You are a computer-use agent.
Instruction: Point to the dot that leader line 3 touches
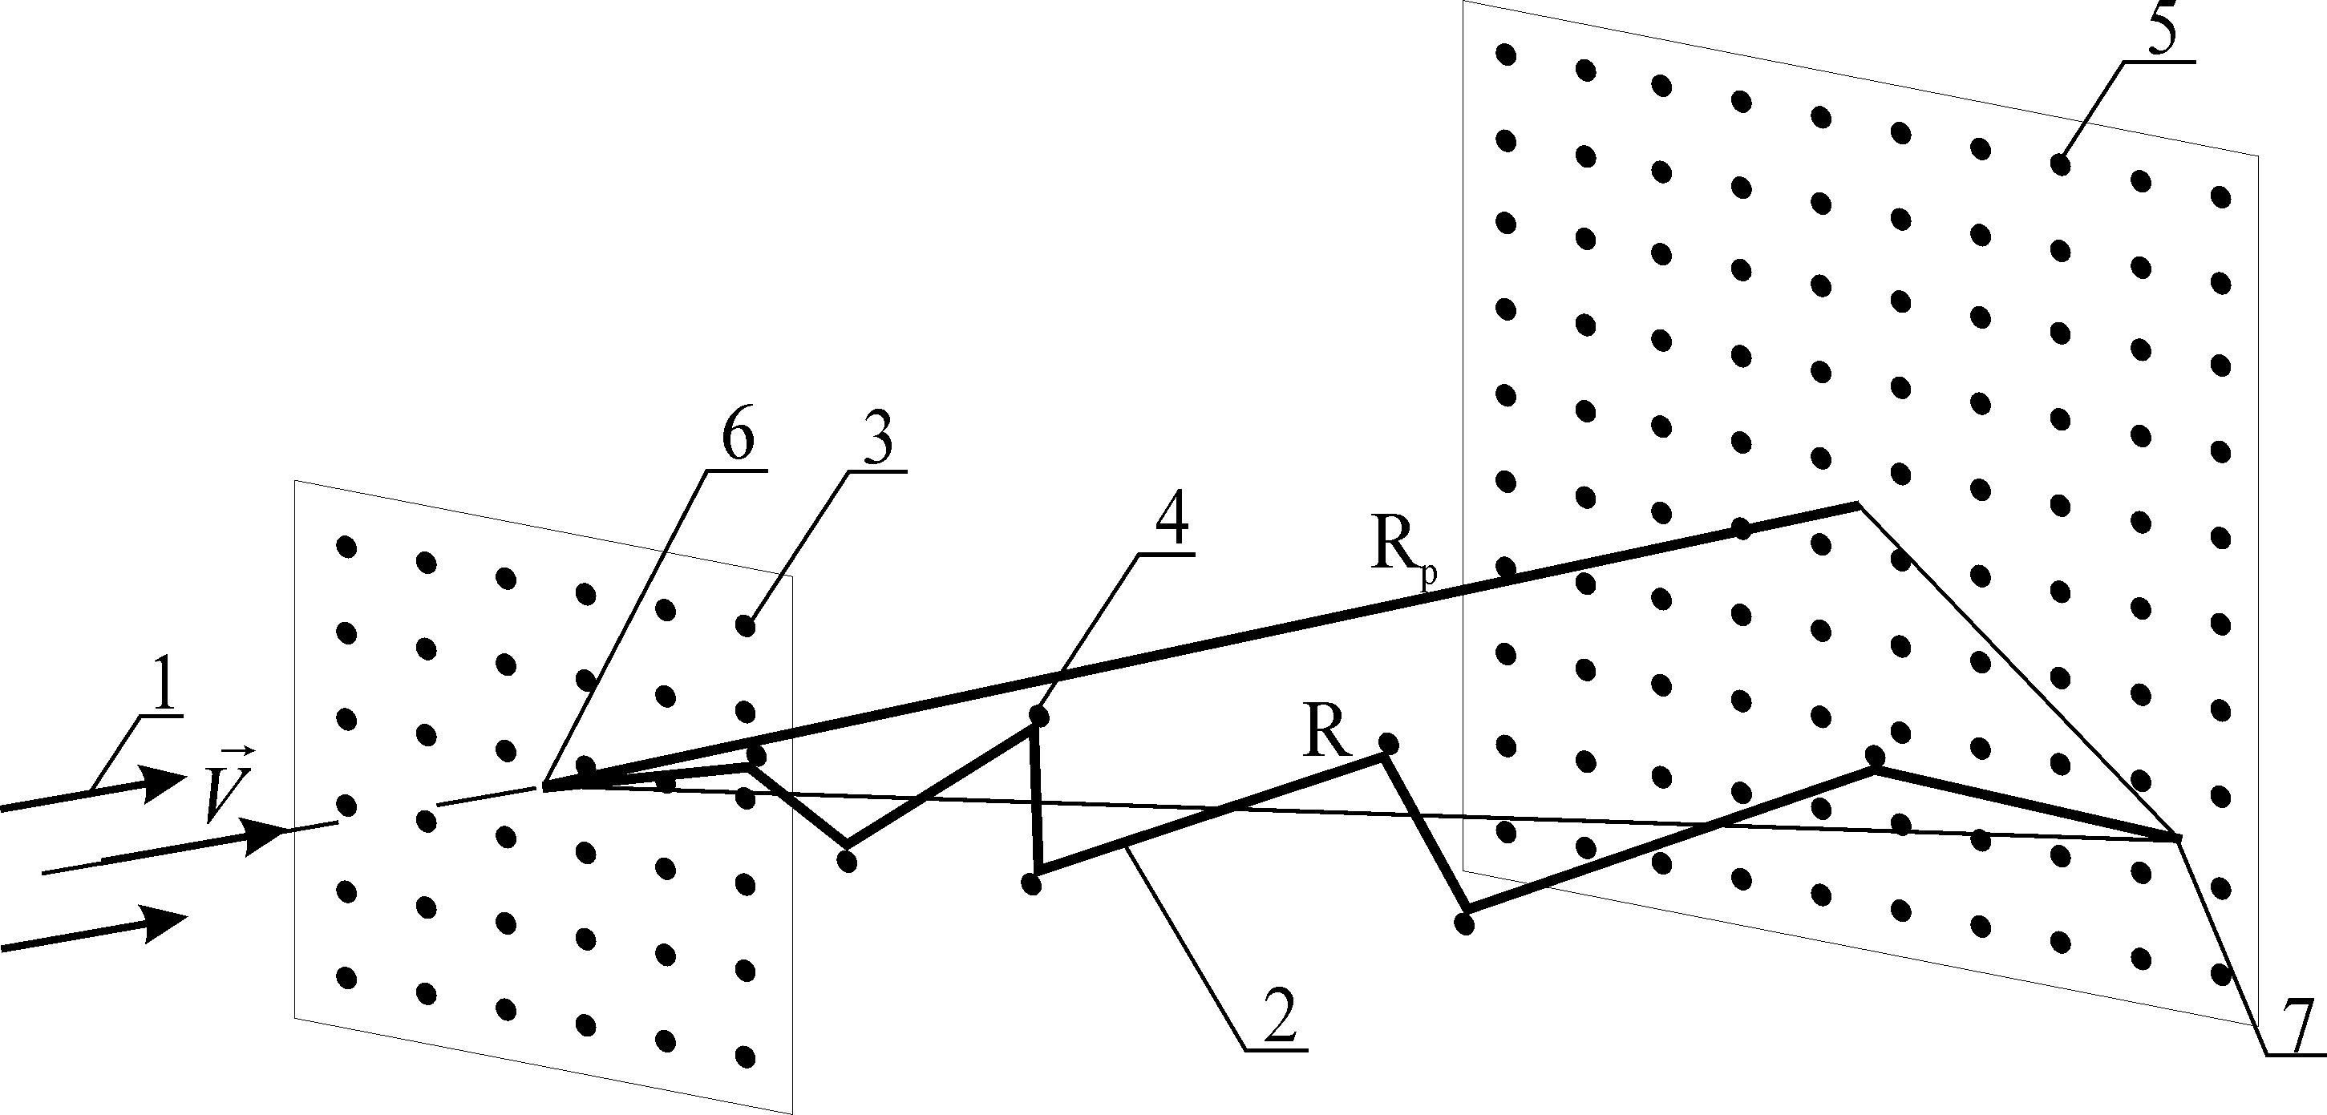[745, 624]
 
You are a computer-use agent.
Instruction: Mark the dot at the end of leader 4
[1039, 716]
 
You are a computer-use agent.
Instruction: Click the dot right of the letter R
[1390, 744]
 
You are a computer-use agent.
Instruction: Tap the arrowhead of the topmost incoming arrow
[167, 781]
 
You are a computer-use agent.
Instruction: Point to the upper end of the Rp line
[1858, 505]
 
